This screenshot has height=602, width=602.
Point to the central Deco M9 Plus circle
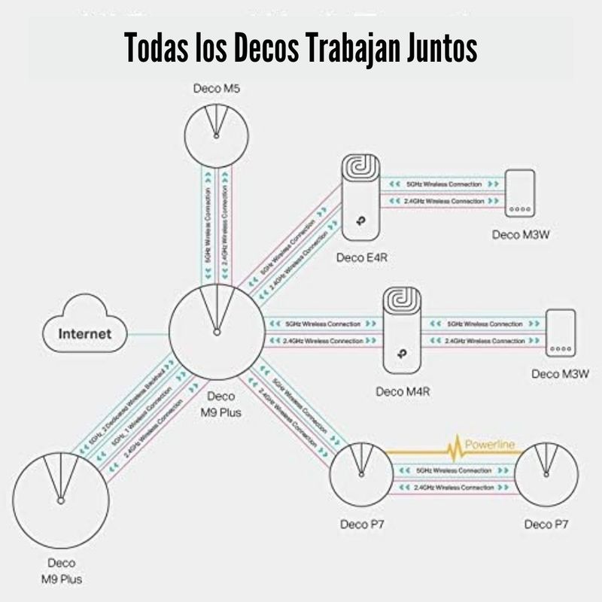click(217, 331)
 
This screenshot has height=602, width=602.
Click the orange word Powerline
click(490, 445)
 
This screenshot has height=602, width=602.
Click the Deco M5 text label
click(217, 89)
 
